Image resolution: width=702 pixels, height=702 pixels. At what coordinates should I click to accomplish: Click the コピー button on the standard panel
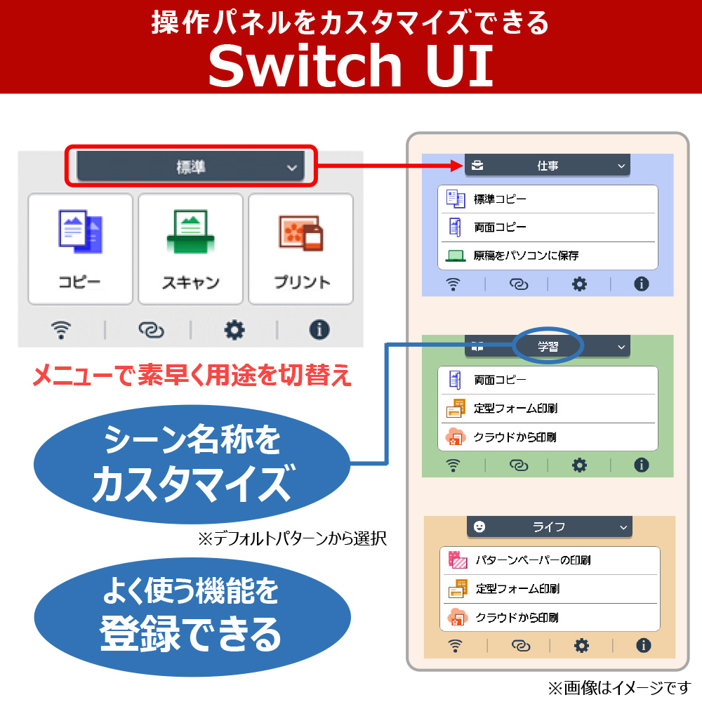(80, 249)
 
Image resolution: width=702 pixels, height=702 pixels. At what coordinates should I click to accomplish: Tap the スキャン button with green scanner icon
(190, 249)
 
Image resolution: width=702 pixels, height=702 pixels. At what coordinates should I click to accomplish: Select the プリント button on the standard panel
(301, 249)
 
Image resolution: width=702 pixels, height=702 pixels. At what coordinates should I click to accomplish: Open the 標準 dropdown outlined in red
(191, 166)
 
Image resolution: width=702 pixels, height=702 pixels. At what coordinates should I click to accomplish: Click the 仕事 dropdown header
(547, 166)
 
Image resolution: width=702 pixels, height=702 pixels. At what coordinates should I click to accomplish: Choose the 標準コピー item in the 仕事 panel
(547, 199)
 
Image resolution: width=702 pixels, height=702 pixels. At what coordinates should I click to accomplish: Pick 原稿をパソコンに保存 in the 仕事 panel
(547, 256)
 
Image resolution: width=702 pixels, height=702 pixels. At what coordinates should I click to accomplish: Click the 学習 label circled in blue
(548, 347)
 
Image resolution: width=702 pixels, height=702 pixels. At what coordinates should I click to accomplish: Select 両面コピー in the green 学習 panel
(547, 380)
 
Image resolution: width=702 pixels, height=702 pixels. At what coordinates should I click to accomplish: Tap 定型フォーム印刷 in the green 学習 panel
(547, 409)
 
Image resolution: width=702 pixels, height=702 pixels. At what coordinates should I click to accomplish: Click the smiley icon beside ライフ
(479, 526)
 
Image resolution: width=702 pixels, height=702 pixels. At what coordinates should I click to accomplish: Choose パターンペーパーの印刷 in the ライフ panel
(550, 560)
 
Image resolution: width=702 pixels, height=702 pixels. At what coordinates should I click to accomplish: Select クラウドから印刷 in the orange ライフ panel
(550, 617)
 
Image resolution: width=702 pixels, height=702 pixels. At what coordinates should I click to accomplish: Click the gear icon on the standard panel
(234, 331)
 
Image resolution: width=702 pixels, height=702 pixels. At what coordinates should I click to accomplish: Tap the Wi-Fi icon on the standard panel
(61, 331)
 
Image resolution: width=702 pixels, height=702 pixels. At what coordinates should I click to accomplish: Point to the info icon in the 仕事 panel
(641, 284)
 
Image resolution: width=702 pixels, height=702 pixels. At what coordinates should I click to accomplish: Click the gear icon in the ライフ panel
(581, 646)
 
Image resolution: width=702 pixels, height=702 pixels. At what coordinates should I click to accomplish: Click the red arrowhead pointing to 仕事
(457, 166)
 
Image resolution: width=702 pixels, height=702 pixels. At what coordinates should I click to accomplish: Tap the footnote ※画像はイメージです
(620, 688)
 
